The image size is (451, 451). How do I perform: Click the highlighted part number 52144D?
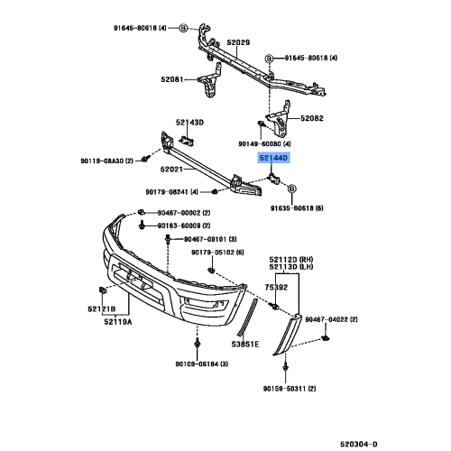tap(273, 157)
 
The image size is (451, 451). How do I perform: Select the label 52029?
tap(238, 43)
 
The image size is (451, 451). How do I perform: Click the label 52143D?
tap(189, 122)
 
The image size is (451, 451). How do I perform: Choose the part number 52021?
tap(173, 169)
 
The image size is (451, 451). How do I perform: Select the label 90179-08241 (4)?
tap(172, 190)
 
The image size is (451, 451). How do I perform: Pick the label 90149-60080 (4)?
tap(272, 143)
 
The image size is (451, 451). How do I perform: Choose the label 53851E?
tap(244, 344)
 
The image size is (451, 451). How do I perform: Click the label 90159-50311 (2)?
tap(289, 388)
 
